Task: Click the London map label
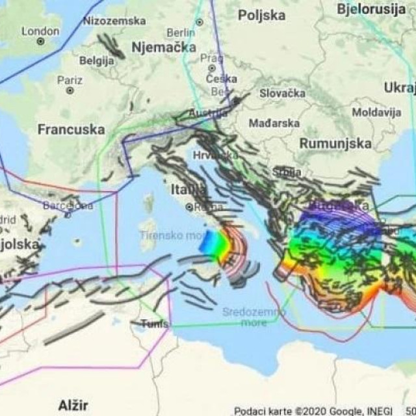click(x=40, y=31)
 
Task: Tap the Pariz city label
click(x=70, y=80)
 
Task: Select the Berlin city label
click(x=180, y=32)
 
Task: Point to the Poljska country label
click(x=261, y=15)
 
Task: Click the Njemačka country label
click(x=163, y=47)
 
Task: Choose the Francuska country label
click(x=71, y=129)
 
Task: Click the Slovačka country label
click(x=283, y=93)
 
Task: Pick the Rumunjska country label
click(x=335, y=143)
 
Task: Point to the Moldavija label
click(x=376, y=112)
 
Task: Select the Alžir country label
click(x=73, y=406)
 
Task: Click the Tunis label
click(x=155, y=324)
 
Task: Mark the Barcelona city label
click(x=68, y=205)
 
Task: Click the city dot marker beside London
click(x=40, y=42)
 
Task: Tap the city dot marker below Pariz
click(x=70, y=90)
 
